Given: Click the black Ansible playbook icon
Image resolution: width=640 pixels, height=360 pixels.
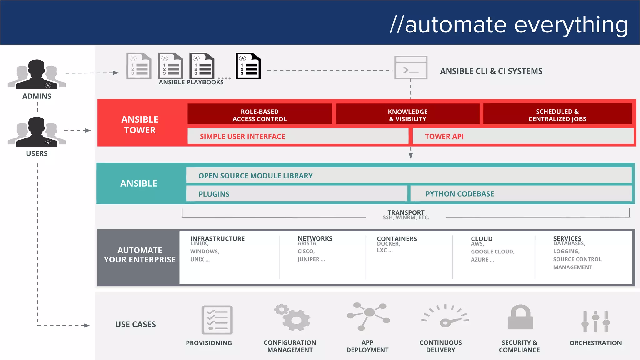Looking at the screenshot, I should point(248,66).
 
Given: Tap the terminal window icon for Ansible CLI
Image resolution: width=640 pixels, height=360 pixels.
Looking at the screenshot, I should point(411,67).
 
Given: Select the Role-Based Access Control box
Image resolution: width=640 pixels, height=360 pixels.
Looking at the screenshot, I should point(259,115).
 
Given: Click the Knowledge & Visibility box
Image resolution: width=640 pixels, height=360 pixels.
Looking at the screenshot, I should point(407,115).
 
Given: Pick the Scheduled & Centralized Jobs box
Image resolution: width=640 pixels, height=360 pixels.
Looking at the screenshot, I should point(557,115).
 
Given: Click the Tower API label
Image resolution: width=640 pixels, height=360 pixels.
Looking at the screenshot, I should point(444,137).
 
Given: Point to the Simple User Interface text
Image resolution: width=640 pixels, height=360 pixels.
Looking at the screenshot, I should point(242,137).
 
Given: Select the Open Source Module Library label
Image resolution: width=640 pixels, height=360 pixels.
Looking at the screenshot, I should point(255,176).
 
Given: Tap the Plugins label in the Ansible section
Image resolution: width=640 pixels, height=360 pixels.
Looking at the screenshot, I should point(214,194).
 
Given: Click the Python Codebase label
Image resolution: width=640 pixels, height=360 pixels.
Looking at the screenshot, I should point(459,194).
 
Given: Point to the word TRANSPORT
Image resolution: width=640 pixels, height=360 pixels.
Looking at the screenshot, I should point(406,212).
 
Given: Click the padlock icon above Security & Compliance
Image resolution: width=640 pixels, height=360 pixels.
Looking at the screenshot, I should point(520,317).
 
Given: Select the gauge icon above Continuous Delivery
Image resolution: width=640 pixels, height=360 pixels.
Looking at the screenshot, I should point(445,316).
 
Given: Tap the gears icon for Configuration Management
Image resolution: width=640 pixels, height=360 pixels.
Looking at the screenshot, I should point(292,317).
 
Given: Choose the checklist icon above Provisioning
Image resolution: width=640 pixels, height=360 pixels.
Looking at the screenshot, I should point(217,320).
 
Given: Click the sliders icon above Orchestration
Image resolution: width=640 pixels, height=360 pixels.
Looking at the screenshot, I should point(596,321).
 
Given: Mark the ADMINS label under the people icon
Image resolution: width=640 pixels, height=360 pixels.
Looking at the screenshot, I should point(37,96).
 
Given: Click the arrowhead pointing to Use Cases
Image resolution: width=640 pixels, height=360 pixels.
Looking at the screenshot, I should point(87,326).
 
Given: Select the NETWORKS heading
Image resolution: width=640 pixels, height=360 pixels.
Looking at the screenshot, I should point(315,238).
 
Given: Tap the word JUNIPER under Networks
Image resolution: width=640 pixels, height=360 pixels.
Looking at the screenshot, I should point(308,259).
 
